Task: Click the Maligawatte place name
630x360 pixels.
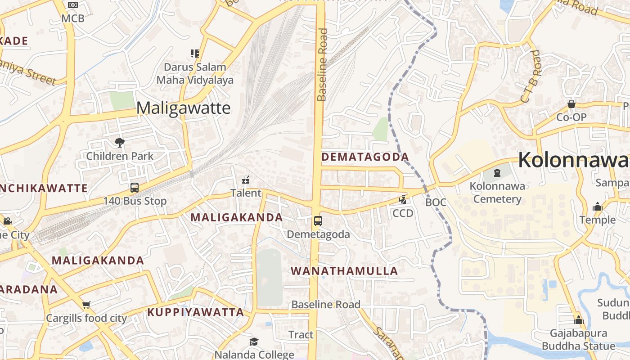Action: point(183,108)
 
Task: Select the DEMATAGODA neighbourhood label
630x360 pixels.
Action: point(365,157)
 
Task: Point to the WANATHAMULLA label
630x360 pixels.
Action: point(344,271)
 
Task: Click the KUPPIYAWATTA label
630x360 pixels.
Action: point(196,312)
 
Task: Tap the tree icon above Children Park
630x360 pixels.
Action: point(120,143)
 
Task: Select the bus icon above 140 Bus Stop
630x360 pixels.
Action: point(134,188)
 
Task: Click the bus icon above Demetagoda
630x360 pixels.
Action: point(318,221)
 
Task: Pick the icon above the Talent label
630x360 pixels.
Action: point(246,180)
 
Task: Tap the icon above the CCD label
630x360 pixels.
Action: point(403,200)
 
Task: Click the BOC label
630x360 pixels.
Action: point(436,202)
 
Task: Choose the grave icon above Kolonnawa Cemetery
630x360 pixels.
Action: point(497,172)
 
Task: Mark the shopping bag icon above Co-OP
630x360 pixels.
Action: point(571,104)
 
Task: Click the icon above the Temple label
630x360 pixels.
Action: point(598,207)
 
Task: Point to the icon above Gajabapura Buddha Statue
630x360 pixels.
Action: point(579,320)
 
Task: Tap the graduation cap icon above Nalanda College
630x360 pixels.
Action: point(254,342)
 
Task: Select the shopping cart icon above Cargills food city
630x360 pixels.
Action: point(86,305)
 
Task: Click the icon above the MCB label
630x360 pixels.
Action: point(73,5)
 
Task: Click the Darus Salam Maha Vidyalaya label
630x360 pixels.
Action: point(195,74)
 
